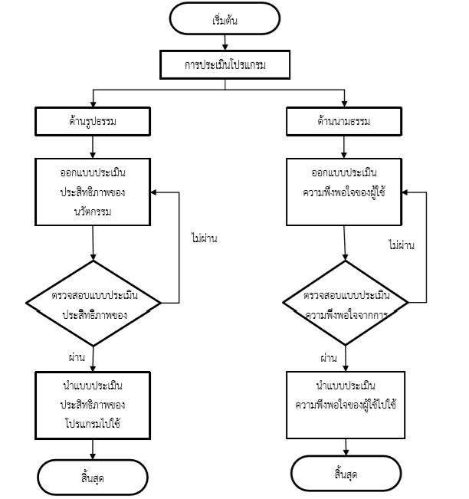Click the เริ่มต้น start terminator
(x=225, y=18)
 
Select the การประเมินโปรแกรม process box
(x=225, y=64)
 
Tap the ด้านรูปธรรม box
(x=93, y=122)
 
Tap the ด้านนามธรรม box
(x=344, y=122)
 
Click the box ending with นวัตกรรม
(x=93, y=192)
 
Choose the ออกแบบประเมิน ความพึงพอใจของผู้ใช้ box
(x=344, y=192)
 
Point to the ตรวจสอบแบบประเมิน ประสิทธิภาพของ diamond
(x=93, y=304)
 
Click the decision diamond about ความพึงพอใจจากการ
(x=345, y=303)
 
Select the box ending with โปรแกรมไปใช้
(x=93, y=405)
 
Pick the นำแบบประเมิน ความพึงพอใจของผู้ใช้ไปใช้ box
(x=346, y=405)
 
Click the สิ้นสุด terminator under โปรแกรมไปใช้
(x=93, y=477)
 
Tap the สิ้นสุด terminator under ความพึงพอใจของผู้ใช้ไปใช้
(x=346, y=473)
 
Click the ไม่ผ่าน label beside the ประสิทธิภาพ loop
(x=205, y=238)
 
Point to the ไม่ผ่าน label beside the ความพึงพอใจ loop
(x=402, y=245)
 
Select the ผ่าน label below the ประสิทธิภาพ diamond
(x=77, y=357)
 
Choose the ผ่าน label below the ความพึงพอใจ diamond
(x=329, y=358)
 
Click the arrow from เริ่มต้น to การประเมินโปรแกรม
(x=225, y=42)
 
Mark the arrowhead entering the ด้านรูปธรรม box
(x=93, y=104)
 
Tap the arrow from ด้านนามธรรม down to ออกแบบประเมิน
(x=344, y=147)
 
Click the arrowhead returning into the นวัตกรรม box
(x=153, y=192)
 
